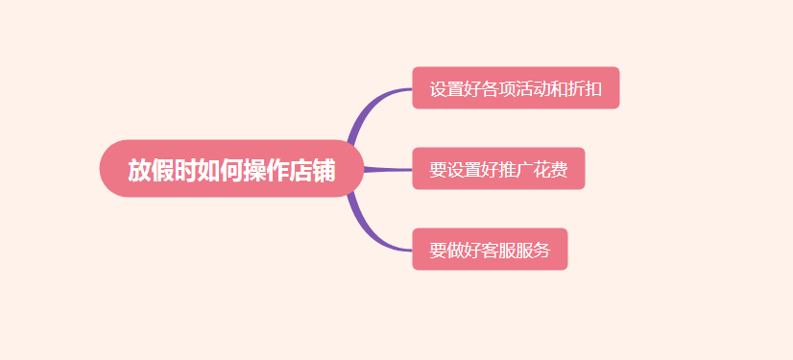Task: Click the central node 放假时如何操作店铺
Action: pyautogui.click(x=231, y=169)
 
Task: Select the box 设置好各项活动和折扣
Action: pyautogui.click(x=516, y=88)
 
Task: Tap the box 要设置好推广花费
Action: pyautogui.click(x=498, y=169)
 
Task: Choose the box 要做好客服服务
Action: pyautogui.click(x=490, y=250)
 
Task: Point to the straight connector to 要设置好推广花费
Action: pyautogui.click(x=388, y=170)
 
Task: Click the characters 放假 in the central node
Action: pyautogui.click(x=151, y=170)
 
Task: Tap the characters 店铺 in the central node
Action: pyautogui.click(x=312, y=170)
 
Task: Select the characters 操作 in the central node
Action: pyautogui.click(x=266, y=170)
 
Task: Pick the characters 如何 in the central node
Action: pyautogui.click(x=220, y=170)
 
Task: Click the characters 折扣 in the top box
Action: pyautogui.click(x=586, y=89)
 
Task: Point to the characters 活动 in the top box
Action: pyautogui.click(x=534, y=89)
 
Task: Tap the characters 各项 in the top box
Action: pyautogui.click(x=499, y=89)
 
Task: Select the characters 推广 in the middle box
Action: pyautogui.click(x=517, y=170)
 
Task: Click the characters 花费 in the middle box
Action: pyautogui.click(x=551, y=170)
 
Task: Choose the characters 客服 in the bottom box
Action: pyautogui.click(x=499, y=251)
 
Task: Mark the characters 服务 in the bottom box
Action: pyautogui.click(x=534, y=251)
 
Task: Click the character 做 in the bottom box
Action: pyautogui.click(x=456, y=251)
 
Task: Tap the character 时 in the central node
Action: pyautogui.click(x=185, y=170)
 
